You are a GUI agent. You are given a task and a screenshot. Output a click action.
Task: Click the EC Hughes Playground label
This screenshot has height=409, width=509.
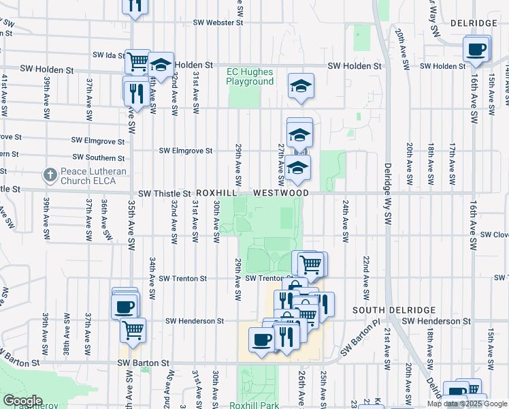pos(250,76)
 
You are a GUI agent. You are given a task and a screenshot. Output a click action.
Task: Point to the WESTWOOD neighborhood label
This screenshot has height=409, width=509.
pos(281,194)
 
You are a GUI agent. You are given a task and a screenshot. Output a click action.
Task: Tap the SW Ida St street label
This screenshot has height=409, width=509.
pos(109,55)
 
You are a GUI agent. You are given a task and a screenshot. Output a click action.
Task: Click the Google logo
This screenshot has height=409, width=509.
pos(22,401)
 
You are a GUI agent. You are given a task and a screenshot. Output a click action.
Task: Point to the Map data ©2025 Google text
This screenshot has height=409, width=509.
pos(466,404)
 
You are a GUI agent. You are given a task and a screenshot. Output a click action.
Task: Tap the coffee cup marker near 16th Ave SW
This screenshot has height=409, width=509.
pos(476,49)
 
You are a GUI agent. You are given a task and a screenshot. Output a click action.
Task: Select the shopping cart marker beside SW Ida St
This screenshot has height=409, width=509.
pos(138,61)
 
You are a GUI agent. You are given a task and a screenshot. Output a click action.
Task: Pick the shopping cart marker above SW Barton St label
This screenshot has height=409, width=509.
pos(133,330)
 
